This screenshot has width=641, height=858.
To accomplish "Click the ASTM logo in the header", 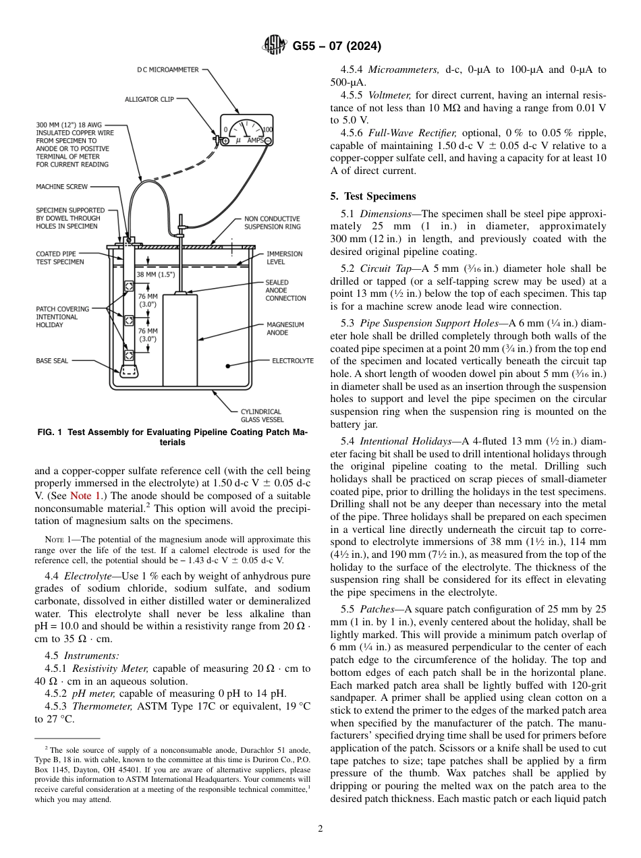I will coord(275,47).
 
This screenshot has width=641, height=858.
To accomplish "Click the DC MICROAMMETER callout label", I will coord(167,69).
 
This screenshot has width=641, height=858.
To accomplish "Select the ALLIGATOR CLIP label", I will coord(149,99).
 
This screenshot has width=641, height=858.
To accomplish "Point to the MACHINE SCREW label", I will coord(61,187).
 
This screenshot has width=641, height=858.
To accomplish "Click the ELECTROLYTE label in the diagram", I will coord(292,361).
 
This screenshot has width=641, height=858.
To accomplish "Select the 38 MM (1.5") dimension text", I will coord(155,275).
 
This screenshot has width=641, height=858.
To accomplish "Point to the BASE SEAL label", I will coord(52,361).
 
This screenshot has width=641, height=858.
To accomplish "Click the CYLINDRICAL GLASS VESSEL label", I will coord(261,416).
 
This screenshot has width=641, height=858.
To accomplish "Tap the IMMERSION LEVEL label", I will coord(285,258).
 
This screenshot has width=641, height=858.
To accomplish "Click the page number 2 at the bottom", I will coord(320,829).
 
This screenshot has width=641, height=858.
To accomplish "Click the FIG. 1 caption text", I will coord(171,438).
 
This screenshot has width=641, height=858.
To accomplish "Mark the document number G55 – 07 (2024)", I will coord(337,47).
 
